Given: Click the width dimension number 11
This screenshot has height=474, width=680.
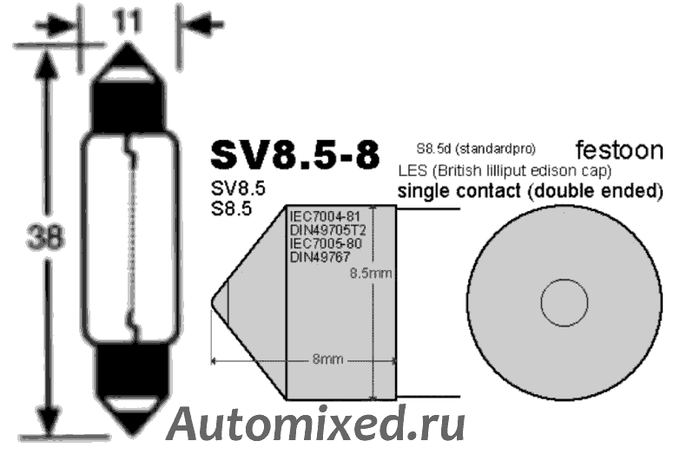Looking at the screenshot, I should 128,22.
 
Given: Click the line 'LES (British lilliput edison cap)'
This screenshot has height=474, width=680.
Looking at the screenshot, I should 504,169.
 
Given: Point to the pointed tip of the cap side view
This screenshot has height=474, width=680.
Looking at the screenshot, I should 214,303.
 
